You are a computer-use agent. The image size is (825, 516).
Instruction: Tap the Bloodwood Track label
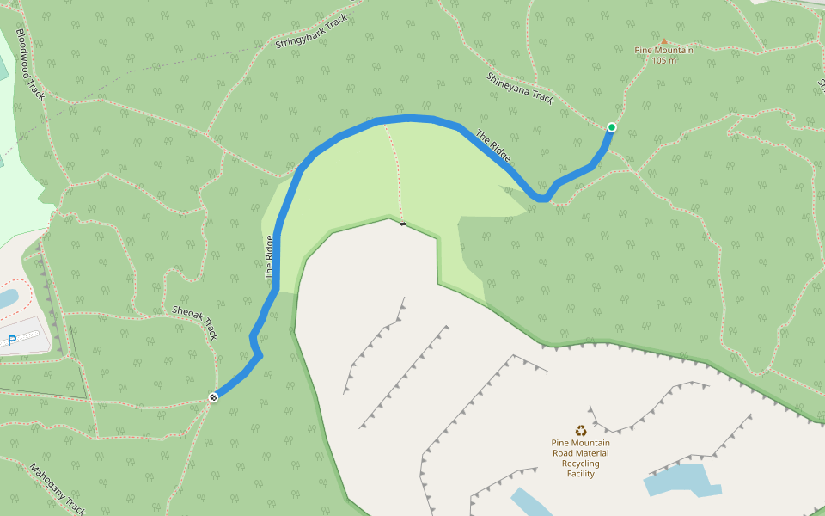click(30, 64)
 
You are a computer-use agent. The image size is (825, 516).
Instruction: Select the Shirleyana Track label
click(521, 88)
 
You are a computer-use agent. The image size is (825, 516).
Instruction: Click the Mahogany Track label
click(58, 488)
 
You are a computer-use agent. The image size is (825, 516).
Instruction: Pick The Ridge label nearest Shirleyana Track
click(493, 146)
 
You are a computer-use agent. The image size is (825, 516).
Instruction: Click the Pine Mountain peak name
click(663, 50)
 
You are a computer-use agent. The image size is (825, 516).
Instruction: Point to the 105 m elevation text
click(664, 60)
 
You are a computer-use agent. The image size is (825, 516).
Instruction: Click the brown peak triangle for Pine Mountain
click(663, 40)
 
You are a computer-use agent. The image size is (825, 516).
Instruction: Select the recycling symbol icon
click(581, 431)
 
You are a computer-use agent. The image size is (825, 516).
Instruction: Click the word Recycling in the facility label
click(581, 464)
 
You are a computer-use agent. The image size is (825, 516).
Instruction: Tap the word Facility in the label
click(581, 474)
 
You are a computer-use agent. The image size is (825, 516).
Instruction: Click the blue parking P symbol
click(12, 341)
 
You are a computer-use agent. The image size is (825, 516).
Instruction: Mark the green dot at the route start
click(611, 127)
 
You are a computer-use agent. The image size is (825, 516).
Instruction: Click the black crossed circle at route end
click(213, 396)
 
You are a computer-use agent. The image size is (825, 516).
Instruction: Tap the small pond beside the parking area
click(7, 298)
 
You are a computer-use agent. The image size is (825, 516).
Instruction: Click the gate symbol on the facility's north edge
click(402, 224)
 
